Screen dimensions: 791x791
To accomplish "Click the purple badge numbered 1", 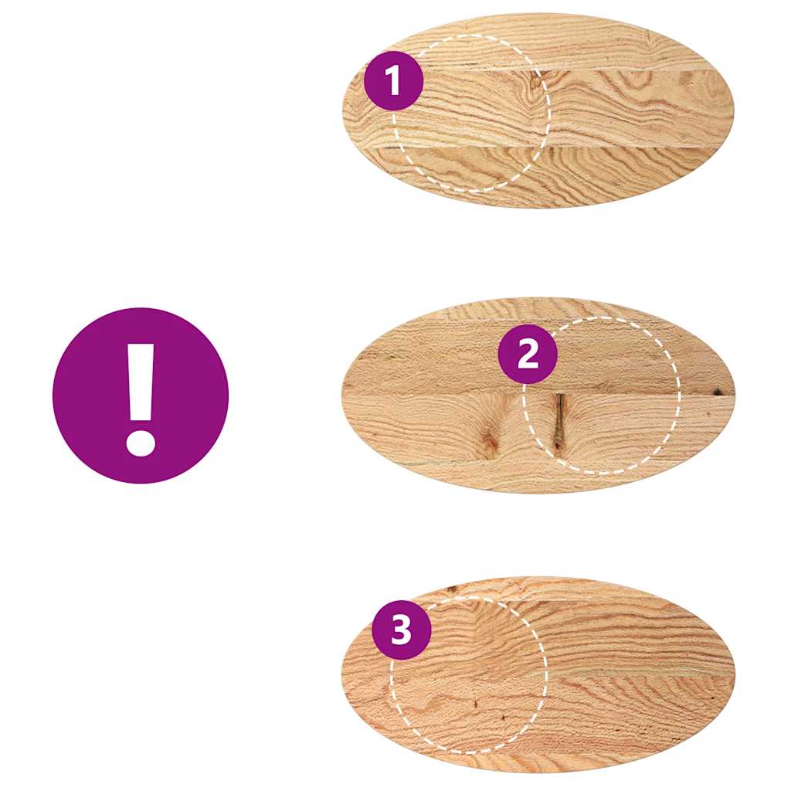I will pos(394,81).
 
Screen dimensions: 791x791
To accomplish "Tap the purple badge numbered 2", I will pos(527,355).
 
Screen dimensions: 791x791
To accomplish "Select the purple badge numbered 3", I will pos(401,630).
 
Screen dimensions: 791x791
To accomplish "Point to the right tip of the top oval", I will pos(732,110).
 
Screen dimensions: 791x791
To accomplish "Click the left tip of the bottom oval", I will pos(343,675).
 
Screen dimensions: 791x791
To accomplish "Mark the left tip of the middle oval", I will pos(343,395).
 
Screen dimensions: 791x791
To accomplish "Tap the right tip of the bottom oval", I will pos(734,675).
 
